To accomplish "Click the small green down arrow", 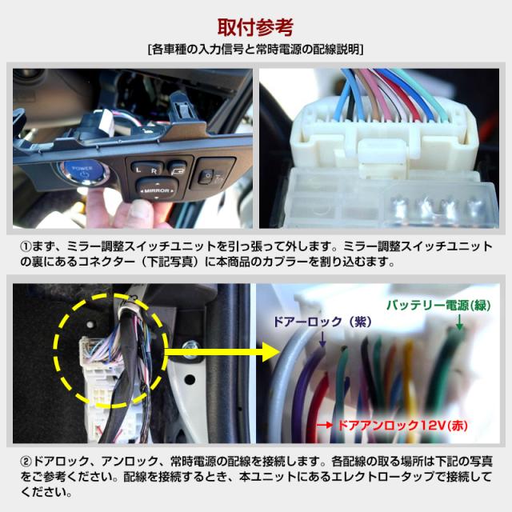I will click(460, 322).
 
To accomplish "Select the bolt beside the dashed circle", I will click(193, 345).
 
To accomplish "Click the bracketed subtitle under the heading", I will click(255, 49).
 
